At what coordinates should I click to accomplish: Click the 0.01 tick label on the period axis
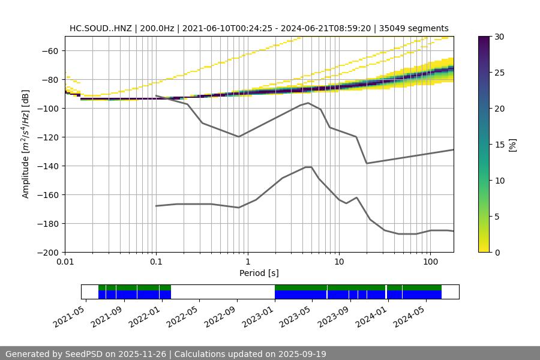(65, 262)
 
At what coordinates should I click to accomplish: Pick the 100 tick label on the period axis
(430, 262)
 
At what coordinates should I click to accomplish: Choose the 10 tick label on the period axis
(338, 262)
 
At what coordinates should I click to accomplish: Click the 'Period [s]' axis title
(259, 273)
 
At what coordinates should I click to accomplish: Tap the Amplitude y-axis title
(26, 144)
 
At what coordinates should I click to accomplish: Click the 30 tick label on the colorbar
(499, 37)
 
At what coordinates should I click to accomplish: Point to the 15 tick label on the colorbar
(499, 145)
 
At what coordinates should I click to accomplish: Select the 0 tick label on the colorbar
(497, 253)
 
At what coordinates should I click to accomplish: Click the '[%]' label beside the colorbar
(512, 145)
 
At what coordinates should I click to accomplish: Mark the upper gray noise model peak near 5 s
(308, 103)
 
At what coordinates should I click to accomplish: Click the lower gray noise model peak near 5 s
(308, 167)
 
